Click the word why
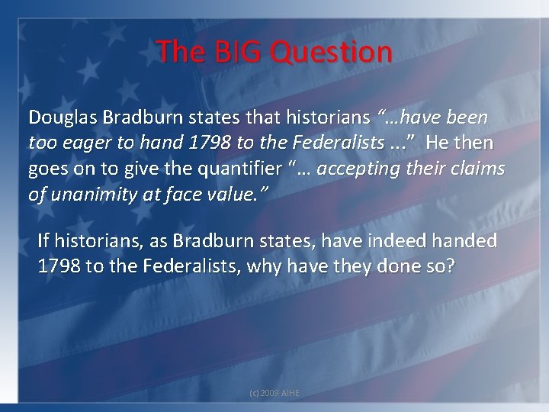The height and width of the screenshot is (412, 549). coord(271,267)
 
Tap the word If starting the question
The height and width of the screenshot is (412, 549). coord(43,242)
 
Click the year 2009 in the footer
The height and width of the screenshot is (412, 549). coord(270,391)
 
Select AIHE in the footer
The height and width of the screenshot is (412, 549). coord(291,391)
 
